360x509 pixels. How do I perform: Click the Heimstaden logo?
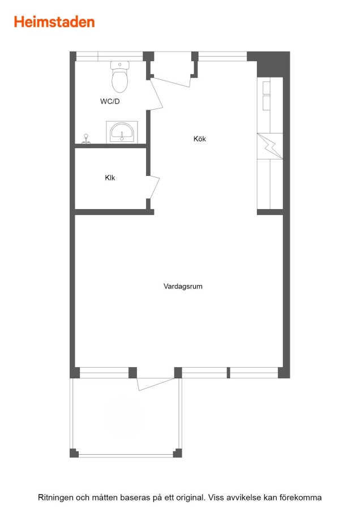pyautogui.click(x=54, y=22)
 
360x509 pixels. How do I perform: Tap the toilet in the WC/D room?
pyautogui.click(x=119, y=77)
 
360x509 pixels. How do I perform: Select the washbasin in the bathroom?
pyautogui.click(x=122, y=132)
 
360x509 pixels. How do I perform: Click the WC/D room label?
pyautogui.click(x=110, y=101)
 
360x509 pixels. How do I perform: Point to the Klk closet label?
pyautogui.click(x=110, y=178)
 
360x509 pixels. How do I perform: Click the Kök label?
pyautogui.click(x=199, y=139)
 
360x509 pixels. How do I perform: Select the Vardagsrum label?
pyautogui.click(x=183, y=286)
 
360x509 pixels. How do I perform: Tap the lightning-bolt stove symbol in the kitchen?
pyautogui.click(x=270, y=146)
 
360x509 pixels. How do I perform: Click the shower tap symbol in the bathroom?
pyautogui.click(x=86, y=139)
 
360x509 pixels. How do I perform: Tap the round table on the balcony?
pyautogui.click(x=123, y=417)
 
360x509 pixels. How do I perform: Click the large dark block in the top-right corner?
pyautogui.click(x=269, y=63)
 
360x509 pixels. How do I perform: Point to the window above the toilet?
pyautogui.click(x=109, y=57)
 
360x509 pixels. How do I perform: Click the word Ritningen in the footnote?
pyautogui.click(x=55, y=498)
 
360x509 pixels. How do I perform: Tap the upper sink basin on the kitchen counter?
pyautogui.click(x=267, y=88)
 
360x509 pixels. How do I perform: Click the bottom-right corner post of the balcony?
pyautogui.click(x=177, y=453)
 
